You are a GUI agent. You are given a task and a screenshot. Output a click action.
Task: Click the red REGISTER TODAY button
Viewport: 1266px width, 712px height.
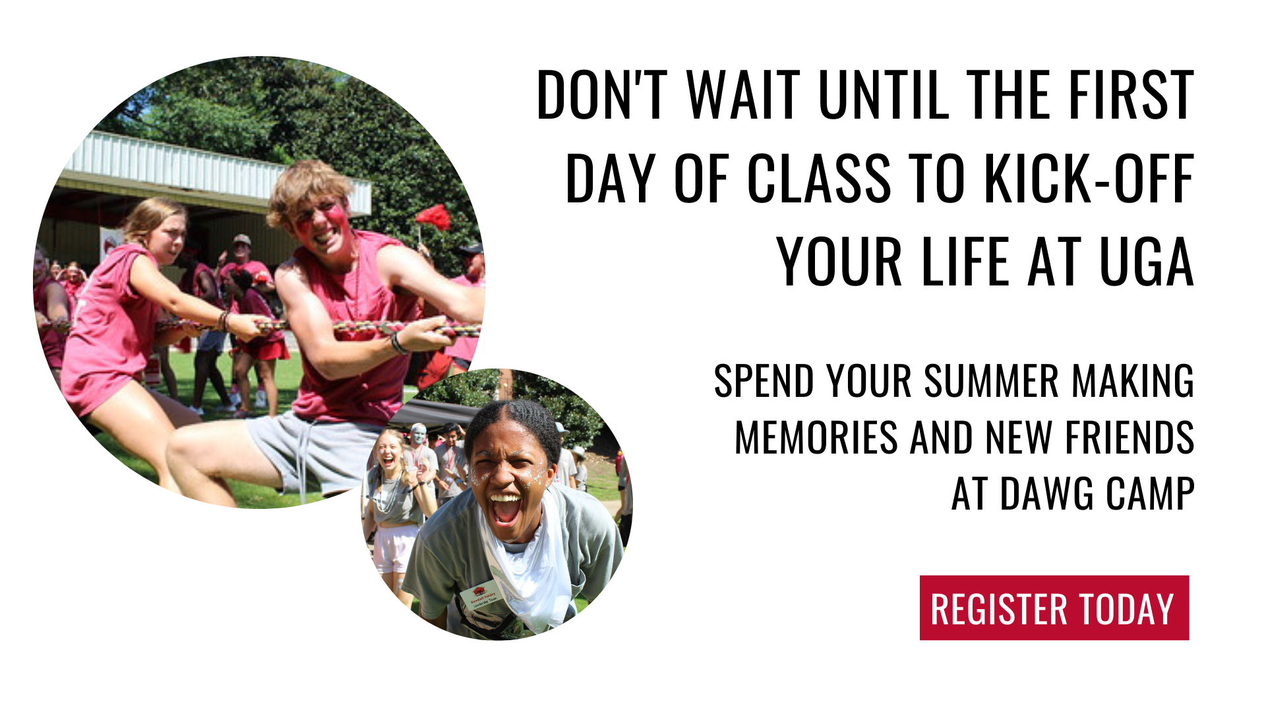coord(1054,608)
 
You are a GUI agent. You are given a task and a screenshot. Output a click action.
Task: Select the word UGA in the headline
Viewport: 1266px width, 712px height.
coord(1147,262)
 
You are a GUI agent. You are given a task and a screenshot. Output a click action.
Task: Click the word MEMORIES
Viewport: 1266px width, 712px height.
coord(816,438)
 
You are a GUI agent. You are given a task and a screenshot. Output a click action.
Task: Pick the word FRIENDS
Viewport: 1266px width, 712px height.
coord(1130,438)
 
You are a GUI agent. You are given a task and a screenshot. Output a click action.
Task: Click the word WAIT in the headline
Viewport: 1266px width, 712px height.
coord(743,95)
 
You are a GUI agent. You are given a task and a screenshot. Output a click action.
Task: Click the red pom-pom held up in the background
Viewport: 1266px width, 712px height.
coord(433,217)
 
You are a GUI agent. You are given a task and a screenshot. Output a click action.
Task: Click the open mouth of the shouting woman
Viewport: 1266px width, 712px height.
coord(505,508)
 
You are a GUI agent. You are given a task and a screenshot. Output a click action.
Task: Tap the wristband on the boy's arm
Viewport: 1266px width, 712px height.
coord(396,343)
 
